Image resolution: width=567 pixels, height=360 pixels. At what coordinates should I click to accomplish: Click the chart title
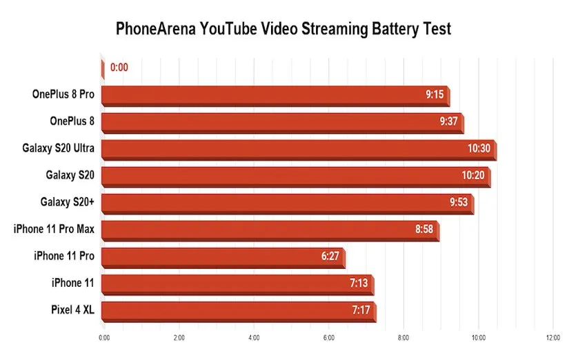[x=283, y=29]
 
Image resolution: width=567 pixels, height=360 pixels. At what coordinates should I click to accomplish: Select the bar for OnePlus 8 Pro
[x=276, y=95]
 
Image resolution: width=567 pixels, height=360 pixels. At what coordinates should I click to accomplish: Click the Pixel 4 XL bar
[x=239, y=310]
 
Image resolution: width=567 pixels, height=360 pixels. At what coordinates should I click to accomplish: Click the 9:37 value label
[x=448, y=122]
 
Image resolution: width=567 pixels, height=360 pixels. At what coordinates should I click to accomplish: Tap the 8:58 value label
[x=424, y=230]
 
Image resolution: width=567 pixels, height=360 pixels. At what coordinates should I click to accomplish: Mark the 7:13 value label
[x=359, y=283]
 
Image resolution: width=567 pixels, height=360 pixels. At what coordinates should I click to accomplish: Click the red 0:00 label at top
[x=119, y=68]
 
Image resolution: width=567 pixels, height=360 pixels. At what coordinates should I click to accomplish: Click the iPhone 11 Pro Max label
[x=54, y=229]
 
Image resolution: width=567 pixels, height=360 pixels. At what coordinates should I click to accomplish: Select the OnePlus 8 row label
[x=72, y=121]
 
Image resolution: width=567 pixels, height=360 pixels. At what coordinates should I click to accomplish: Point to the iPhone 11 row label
[x=72, y=283]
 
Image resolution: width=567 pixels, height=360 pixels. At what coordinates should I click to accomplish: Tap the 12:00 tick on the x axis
[x=552, y=338]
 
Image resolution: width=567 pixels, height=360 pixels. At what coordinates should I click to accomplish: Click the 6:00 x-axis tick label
[x=328, y=338]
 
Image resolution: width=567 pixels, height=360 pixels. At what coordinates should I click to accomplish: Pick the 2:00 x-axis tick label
[x=179, y=338]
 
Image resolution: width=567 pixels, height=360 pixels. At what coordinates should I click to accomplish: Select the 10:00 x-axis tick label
[x=478, y=338]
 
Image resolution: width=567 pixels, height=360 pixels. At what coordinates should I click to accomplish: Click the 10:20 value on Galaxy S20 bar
[x=473, y=176]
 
